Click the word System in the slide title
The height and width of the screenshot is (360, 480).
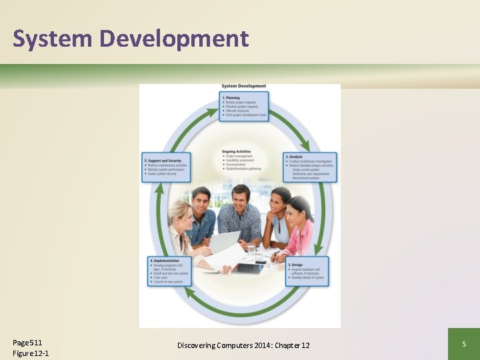(x=52, y=39)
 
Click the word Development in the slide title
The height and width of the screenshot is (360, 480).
(x=174, y=39)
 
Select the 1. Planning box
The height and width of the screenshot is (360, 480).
(x=245, y=107)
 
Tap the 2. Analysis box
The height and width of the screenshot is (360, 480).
(x=310, y=167)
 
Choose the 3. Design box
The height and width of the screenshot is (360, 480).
(x=307, y=271)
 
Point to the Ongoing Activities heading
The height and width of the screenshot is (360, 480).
(x=237, y=151)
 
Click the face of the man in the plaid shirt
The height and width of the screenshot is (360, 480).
(x=241, y=198)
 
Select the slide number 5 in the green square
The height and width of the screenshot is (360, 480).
(x=463, y=344)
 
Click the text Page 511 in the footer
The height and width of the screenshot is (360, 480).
(x=27, y=342)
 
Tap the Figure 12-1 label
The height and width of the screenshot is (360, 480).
(x=31, y=353)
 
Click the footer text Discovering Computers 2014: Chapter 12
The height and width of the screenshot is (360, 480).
(x=243, y=345)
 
